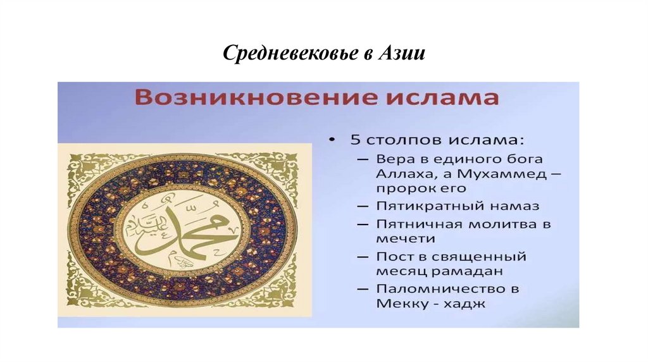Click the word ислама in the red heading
click(440, 99)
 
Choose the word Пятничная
click(420, 224)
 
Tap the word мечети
click(406, 238)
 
